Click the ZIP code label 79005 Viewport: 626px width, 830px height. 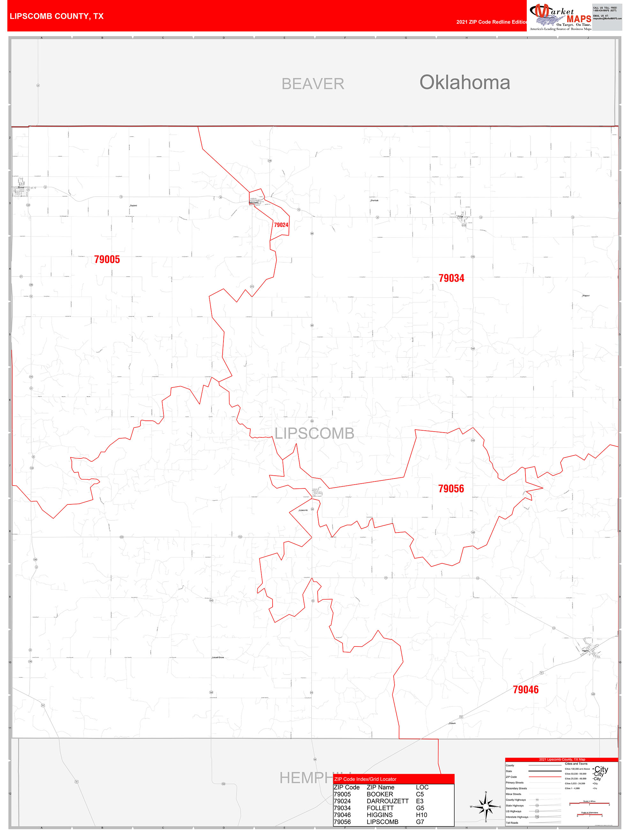pos(107,259)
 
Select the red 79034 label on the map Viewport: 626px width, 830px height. pos(451,278)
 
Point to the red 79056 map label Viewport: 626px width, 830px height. pos(451,488)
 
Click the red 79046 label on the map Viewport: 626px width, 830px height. pos(525,689)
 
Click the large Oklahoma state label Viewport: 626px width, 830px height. pos(464,83)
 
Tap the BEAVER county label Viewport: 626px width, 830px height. pos(313,84)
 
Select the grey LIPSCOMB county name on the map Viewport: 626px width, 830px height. pos(314,434)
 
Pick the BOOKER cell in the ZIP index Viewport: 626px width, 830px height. pos(380,794)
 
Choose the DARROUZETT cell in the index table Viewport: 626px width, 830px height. pos(387,801)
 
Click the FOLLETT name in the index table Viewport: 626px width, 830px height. pos(380,808)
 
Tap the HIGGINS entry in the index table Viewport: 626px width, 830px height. pos(380,815)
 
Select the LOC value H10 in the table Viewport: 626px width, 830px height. pos(421,815)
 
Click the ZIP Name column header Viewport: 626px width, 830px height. pos(380,787)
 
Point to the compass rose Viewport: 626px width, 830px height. pos(486,806)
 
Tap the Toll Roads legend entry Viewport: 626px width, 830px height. pos(512,822)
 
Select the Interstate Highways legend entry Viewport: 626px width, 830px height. pos(517,817)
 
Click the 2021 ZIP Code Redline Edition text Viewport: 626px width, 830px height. pos(491,22)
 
